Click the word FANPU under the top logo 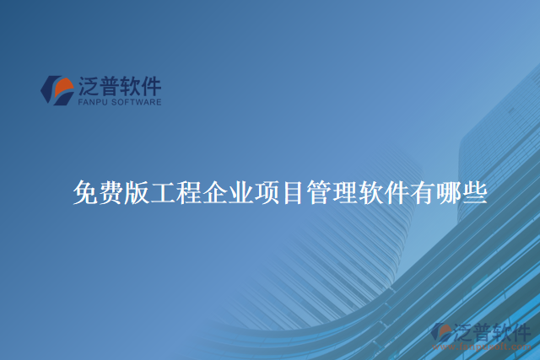click(x=92, y=102)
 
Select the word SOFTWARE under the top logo click(x=136, y=102)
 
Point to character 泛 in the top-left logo click(x=89, y=86)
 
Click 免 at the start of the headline click(x=85, y=193)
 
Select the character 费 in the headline click(x=111, y=193)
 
